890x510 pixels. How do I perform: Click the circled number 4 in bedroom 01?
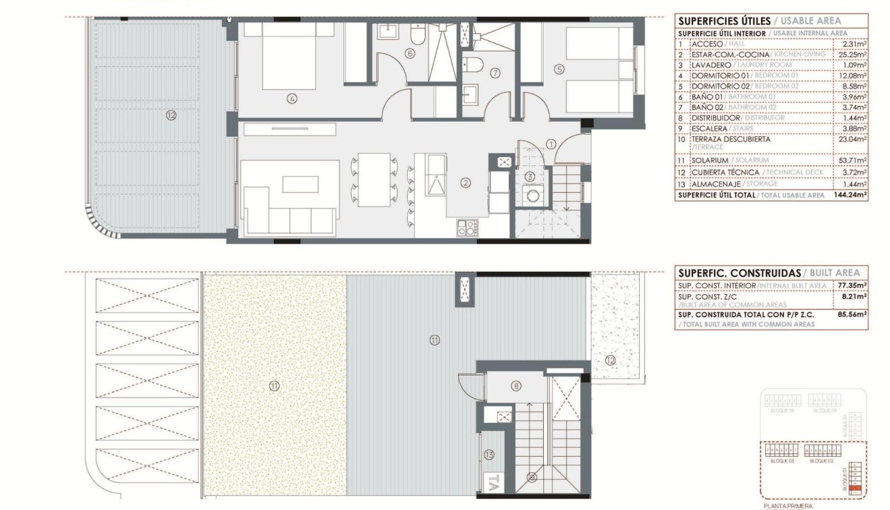(291, 98)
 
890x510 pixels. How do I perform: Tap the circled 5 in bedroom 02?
(559, 68)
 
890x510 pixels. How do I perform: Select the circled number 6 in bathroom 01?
(409, 53)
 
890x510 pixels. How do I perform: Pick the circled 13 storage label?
(489, 455)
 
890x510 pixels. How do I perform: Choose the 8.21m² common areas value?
(854, 295)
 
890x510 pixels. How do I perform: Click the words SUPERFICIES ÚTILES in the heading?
(715, 21)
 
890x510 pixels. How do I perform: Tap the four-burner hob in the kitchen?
(466, 228)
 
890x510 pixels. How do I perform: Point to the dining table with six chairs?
(374, 180)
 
